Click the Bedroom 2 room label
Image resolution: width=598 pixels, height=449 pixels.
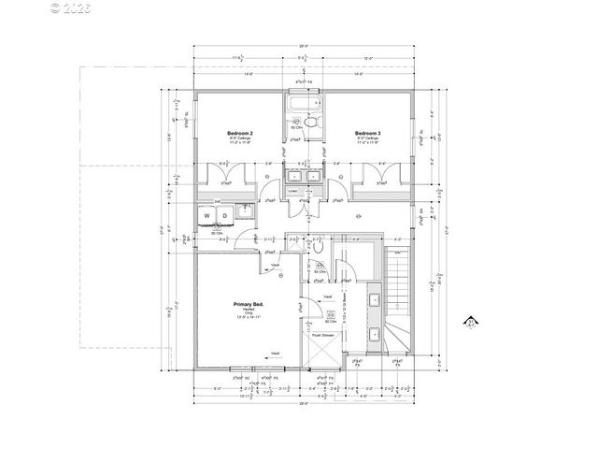point(240,134)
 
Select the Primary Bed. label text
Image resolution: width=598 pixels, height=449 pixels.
point(248,306)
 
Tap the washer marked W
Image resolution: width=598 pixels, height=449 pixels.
point(207,215)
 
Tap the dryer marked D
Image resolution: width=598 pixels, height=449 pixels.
point(224,215)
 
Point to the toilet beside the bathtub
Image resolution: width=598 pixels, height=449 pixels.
point(312,122)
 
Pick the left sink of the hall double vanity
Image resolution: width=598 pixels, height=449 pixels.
point(295,175)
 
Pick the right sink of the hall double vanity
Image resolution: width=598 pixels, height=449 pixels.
point(312,175)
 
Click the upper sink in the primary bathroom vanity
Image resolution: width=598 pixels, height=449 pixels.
point(373,300)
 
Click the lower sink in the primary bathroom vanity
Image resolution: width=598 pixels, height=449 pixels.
point(373,332)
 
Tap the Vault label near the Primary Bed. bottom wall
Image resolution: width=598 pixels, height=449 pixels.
point(276,353)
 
